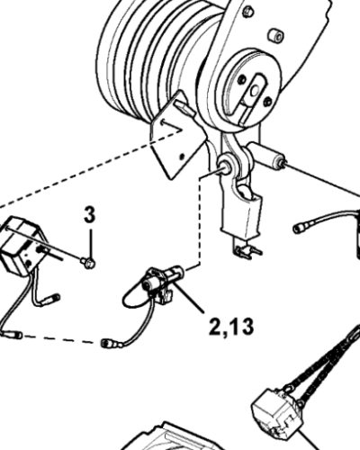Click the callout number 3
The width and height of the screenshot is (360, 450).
(89, 215)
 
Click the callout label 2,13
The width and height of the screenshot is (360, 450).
(231, 327)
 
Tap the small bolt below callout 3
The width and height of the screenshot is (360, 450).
(88, 263)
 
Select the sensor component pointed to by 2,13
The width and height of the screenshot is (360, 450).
(159, 283)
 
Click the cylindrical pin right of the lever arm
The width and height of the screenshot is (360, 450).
(265, 155)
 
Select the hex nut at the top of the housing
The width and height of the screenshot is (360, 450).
(247, 11)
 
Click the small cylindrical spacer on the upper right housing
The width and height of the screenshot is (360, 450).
(275, 35)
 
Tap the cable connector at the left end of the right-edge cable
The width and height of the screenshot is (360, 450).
(299, 229)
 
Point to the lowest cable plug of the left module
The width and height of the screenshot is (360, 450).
(12, 334)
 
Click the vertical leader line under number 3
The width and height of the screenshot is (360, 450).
(90, 243)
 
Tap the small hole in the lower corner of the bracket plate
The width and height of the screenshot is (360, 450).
(182, 157)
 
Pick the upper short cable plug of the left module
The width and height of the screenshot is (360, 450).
(52, 299)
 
